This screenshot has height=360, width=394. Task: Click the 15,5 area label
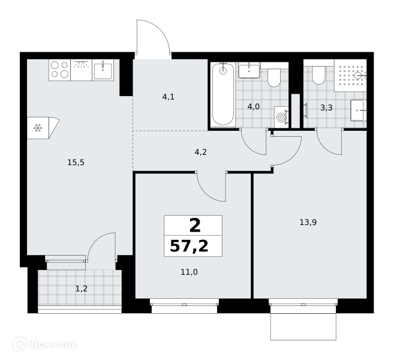(x=76, y=163)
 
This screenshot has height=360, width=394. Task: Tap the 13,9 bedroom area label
(x=308, y=222)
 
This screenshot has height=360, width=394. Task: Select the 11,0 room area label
(x=190, y=272)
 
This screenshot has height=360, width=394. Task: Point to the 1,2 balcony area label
(x=82, y=289)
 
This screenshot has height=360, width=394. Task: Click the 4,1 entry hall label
(x=169, y=97)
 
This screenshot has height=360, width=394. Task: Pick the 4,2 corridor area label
(x=201, y=152)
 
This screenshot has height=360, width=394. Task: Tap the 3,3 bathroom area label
(x=326, y=108)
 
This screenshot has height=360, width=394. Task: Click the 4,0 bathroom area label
(x=254, y=107)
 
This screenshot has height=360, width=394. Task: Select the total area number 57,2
(x=190, y=246)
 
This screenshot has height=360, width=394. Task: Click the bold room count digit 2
(x=195, y=226)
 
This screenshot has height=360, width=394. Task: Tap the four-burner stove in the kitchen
(x=60, y=70)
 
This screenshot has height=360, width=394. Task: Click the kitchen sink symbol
(x=103, y=70)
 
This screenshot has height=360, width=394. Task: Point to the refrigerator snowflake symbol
(x=38, y=128)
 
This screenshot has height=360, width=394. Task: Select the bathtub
(x=223, y=94)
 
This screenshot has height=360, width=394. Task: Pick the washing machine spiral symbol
(x=281, y=118)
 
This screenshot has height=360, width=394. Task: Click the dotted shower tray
(x=350, y=76)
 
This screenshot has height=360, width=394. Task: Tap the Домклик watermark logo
(x=45, y=344)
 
